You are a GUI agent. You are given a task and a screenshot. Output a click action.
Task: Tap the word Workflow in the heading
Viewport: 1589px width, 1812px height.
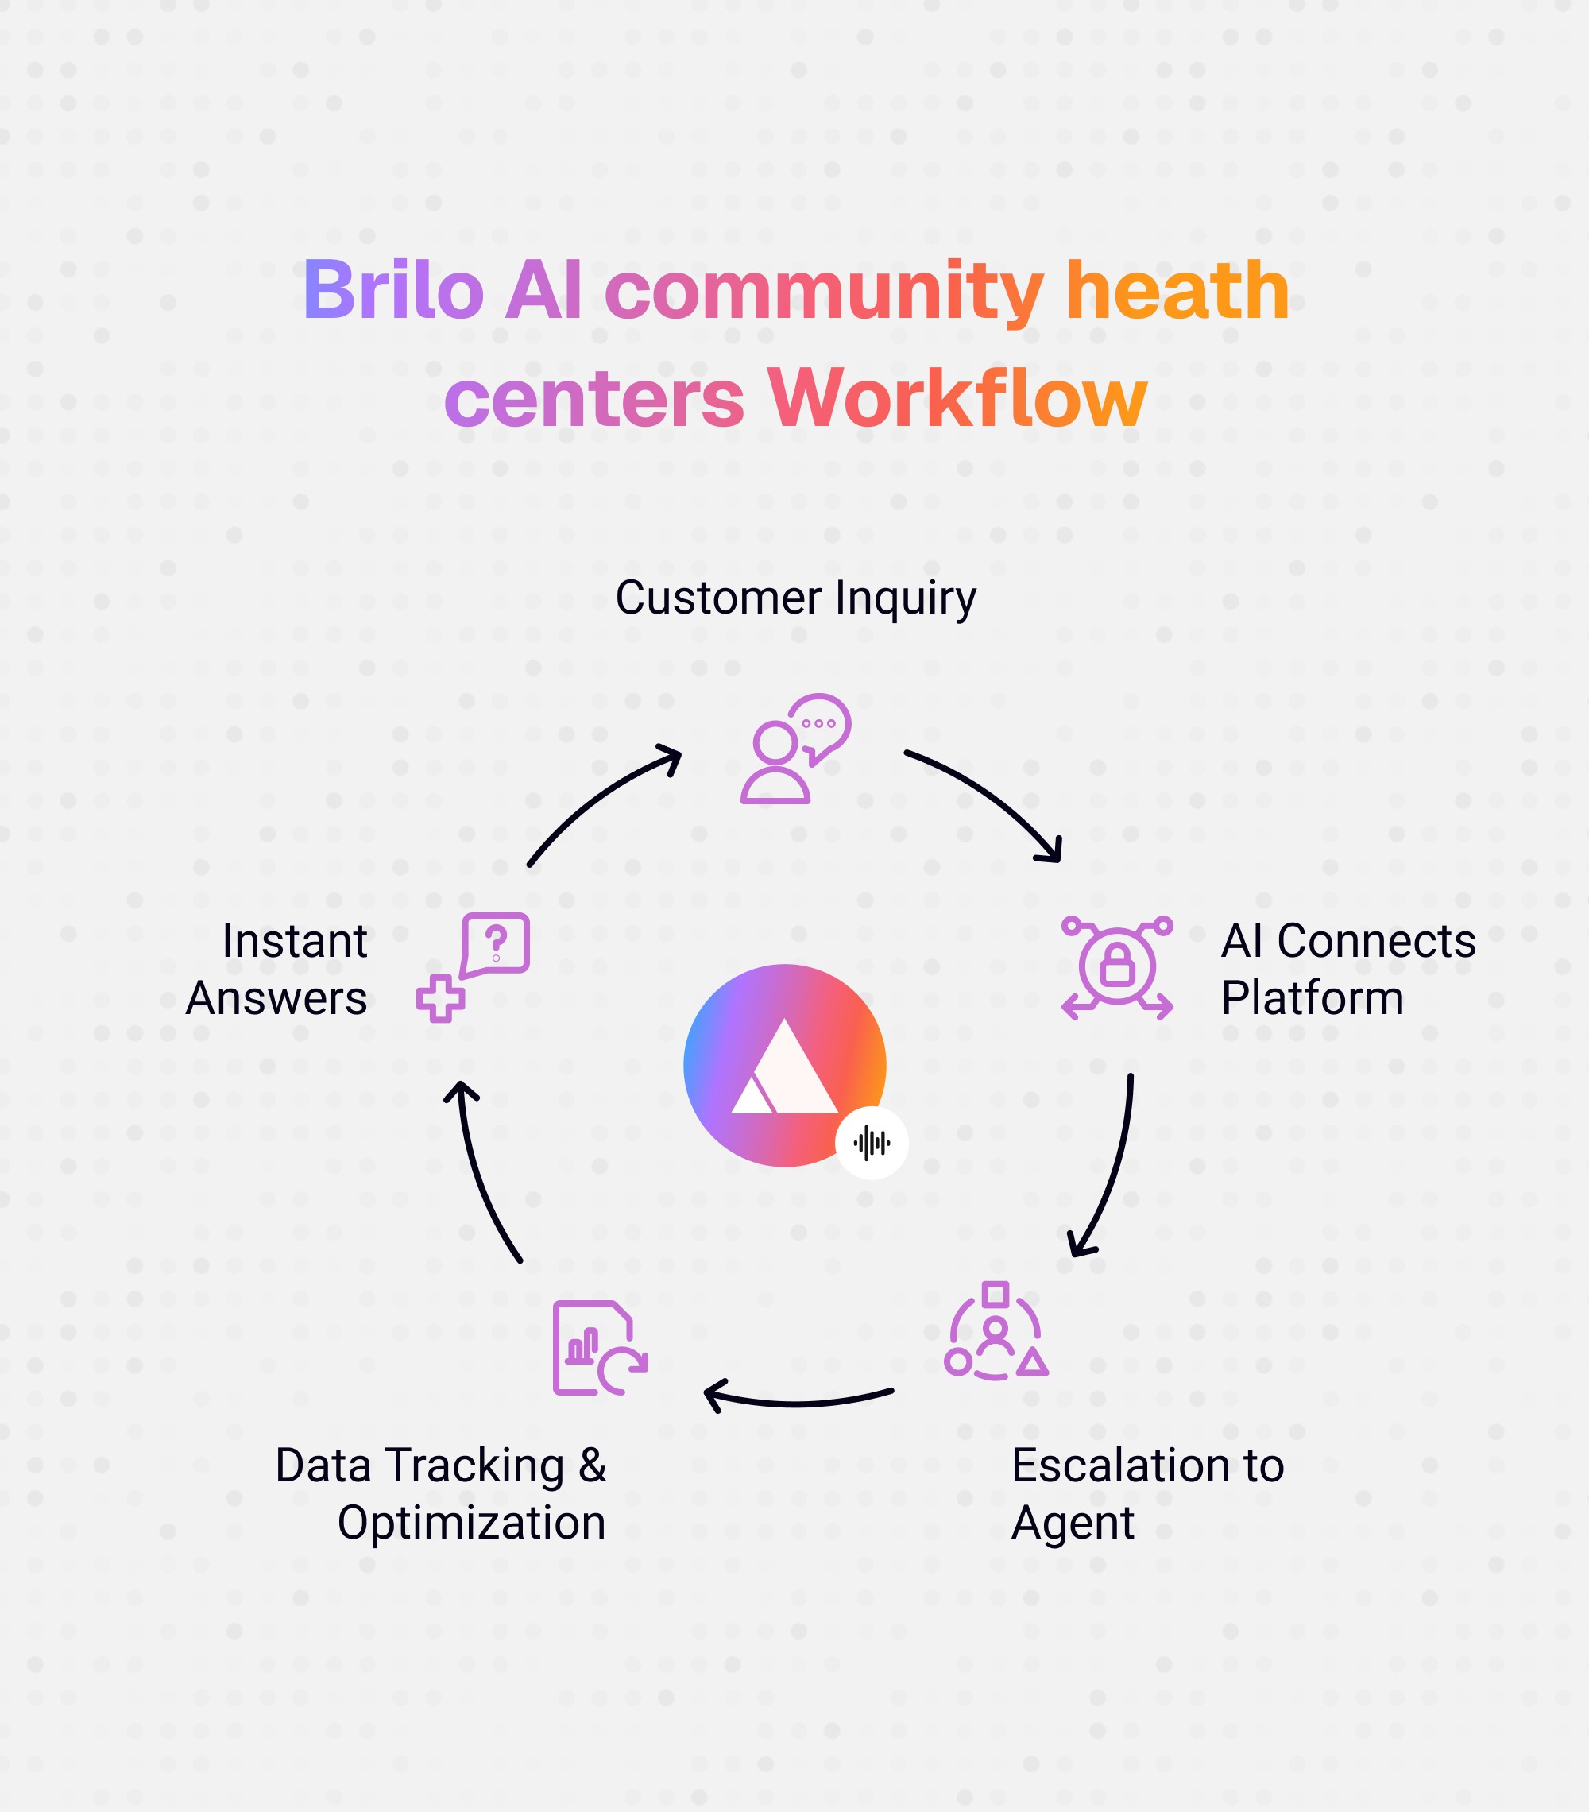[957, 399]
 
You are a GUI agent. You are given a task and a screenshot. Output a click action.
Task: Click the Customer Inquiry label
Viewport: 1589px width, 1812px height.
[795, 598]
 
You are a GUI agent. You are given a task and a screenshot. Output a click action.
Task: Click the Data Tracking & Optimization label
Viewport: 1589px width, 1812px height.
[440, 1494]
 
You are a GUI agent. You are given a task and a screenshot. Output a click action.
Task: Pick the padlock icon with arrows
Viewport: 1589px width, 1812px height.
[1116, 966]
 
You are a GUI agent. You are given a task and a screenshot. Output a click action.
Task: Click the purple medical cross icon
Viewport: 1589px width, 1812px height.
[440, 999]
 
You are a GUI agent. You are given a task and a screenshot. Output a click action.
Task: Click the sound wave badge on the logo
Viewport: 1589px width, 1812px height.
[871, 1143]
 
